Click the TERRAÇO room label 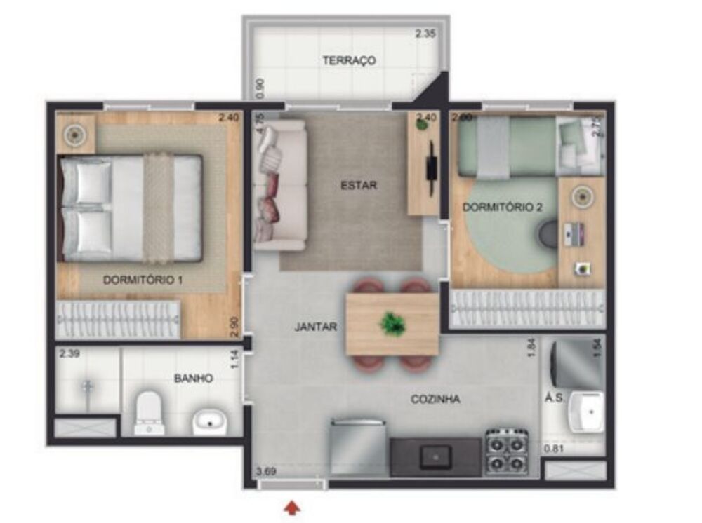pyautogui.click(x=349, y=60)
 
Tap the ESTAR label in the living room pyautogui.click(x=359, y=186)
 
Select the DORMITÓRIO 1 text pyautogui.click(x=143, y=280)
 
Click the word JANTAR pyautogui.click(x=316, y=327)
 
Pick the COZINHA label pyautogui.click(x=435, y=399)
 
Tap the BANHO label pyautogui.click(x=193, y=378)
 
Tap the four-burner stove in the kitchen pyautogui.click(x=507, y=451)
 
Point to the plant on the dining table pyautogui.click(x=392, y=323)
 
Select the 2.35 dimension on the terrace pyautogui.click(x=425, y=33)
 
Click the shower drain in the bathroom pyautogui.click(x=87, y=384)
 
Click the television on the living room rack pyautogui.click(x=430, y=166)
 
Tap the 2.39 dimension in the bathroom pyautogui.click(x=69, y=354)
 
